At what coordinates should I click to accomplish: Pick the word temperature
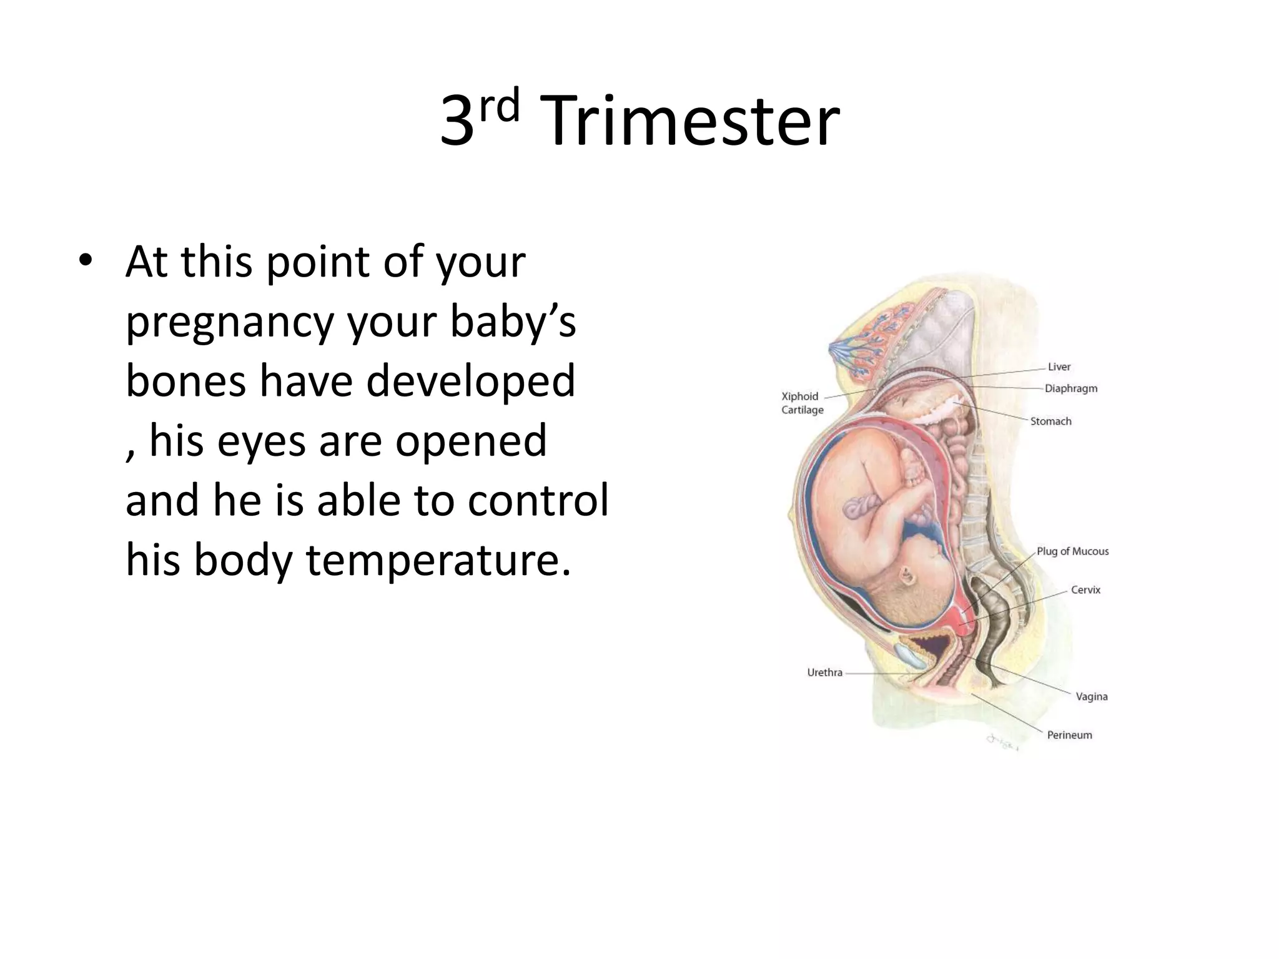437,560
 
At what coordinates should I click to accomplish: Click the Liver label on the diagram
1059,367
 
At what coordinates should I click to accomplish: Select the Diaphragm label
1071,388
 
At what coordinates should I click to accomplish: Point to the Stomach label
1050,421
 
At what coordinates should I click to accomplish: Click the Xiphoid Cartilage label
802,403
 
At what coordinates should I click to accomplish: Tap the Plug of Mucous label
1072,551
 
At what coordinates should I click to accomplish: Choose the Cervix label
1085,590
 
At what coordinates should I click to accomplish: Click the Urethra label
824,673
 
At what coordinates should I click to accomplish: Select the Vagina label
1091,697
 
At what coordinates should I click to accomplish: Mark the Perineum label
1069,735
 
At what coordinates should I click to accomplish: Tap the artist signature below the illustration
1002,742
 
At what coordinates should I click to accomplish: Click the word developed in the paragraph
470,381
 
